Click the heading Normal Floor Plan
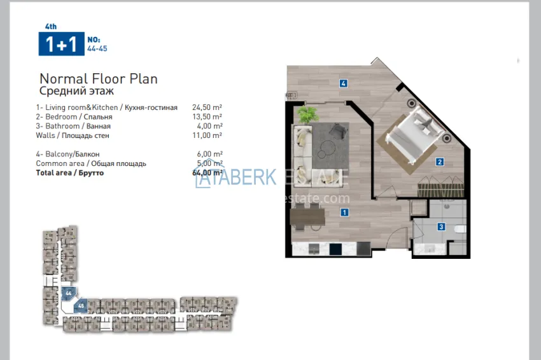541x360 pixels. click(x=99, y=79)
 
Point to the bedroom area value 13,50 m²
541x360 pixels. click(x=207, y=117)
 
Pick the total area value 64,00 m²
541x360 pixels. click(x=207, y=172)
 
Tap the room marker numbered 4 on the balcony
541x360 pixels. click(x=343, y=83)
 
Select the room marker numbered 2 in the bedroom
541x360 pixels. click(x=440, y=162)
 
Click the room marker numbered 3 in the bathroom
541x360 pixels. click(x=441, y=226)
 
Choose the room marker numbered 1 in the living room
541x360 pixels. click(x=344, y=212)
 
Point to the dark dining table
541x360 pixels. click(x=307, y=218)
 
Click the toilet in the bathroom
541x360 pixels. click(x=461, y=228)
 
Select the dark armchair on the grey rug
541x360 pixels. click(x=338, y=130)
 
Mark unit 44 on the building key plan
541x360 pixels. click(x=69, y=293)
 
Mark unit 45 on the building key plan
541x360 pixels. click(x=81, y=305)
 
